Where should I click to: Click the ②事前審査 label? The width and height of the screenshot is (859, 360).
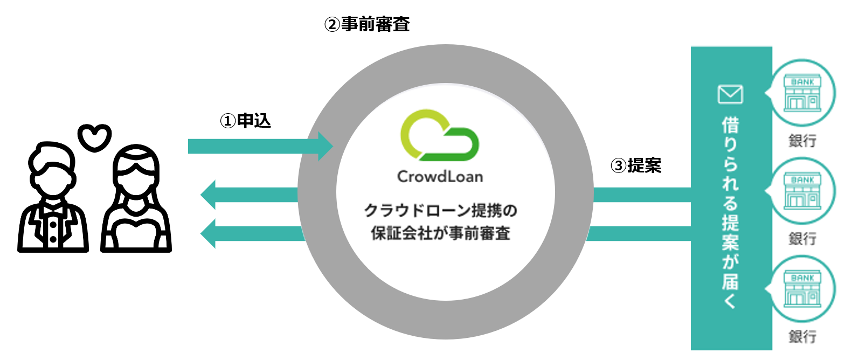click(367, 24)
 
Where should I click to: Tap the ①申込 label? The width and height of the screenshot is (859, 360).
click(245, 121)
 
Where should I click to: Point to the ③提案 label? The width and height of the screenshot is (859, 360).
click(635, 165)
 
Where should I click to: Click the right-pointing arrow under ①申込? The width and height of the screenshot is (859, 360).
click(259, 146)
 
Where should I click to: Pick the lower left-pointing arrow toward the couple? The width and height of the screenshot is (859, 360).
click(251, 233)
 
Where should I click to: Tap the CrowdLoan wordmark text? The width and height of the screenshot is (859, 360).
click(440, 177)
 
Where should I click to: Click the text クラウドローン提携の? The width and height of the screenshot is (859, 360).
click(440, 210)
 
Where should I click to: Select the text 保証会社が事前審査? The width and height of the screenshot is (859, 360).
click(440, 233)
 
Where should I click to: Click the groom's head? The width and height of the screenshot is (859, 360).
click(51, 165)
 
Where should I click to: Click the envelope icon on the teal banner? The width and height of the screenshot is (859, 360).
click(730, 94)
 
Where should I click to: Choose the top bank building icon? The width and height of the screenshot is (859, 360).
click(802, 93)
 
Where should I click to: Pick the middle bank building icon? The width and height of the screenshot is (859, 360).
click(802, 191)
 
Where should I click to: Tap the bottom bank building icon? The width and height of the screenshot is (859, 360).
click(802, 289)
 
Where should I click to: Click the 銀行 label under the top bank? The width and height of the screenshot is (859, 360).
click(802, 141)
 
